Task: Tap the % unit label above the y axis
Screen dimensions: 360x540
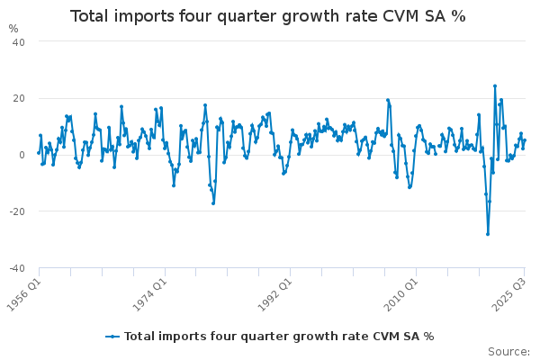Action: point(13,28)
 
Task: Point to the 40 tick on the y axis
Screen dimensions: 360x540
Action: point(18,42)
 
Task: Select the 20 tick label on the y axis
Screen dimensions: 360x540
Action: point(18,98)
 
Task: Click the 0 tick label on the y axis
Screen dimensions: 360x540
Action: point(22,155)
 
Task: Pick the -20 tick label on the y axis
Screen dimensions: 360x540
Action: point(16,211)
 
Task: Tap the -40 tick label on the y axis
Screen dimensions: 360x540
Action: point(16,268)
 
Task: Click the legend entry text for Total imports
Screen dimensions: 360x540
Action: point(278,337)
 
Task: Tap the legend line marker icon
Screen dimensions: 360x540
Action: point(112,337)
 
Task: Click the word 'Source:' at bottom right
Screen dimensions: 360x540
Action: point(508,352)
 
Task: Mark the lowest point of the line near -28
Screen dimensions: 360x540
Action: point(487,234)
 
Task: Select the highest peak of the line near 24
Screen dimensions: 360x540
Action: point(494,86)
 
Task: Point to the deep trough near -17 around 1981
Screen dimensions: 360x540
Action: point(213,202)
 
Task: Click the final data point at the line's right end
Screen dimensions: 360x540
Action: point(525,140)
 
